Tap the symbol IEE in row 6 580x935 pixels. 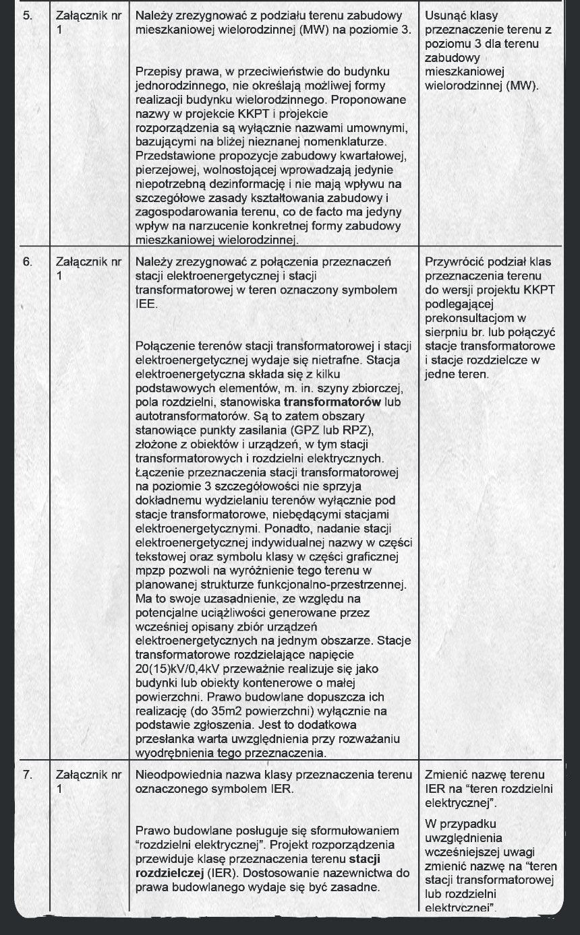tap(146, 304)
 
